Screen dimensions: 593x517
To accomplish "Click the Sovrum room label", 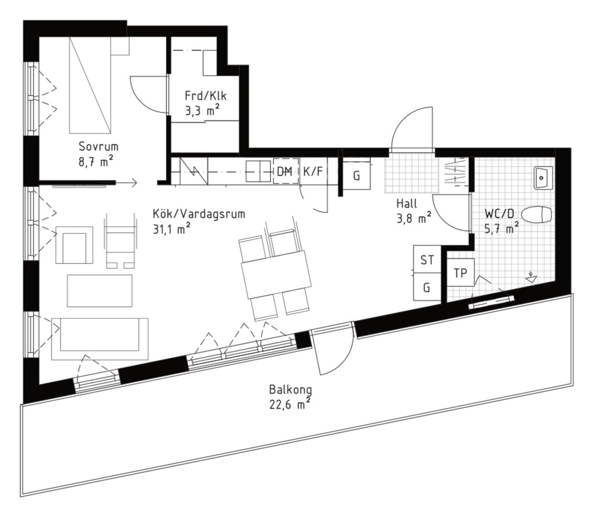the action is tap(99, 147).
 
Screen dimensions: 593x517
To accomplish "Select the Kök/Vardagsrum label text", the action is tap(199, 214).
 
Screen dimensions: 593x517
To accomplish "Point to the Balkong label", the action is tap(290, 390).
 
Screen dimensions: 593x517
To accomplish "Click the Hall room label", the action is tap(406, 203).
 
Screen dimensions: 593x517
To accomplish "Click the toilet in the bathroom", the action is tap(536, 214).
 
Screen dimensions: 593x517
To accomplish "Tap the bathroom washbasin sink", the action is tap(543, 178).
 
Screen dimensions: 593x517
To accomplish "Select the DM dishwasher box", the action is tap(286, 171).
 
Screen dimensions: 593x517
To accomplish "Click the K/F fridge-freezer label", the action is tap(313, 172).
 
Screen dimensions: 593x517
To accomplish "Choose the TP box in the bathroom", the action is tap(461, 272).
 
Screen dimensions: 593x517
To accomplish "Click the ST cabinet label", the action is tap(427, 259).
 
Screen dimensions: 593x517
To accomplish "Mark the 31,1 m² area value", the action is tap(172, 229).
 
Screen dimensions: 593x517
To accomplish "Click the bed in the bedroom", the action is tap(90, 85).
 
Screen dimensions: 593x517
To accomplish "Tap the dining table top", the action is tap(276, 275).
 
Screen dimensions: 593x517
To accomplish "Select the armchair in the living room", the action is tap(75, 245).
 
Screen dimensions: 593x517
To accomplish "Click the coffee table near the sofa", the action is tap(99, 291).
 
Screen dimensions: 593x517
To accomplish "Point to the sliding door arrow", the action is tap(126, 183).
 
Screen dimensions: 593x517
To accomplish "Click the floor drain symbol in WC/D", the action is tap(531, 278).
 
